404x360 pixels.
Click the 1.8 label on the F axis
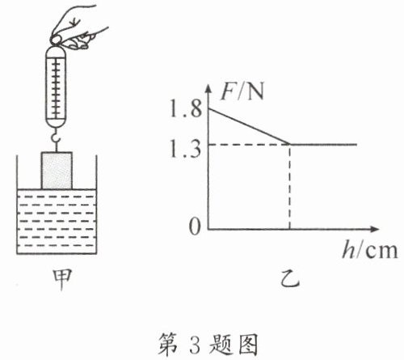point(186,108)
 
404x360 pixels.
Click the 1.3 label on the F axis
point(185,149)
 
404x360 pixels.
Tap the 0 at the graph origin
point(195,227)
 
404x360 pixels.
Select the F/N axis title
point(242,91)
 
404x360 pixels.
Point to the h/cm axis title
point(369,250)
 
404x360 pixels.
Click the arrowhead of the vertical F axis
point(208,88)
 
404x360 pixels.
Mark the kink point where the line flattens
point(290,144)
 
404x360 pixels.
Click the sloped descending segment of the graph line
point(249,126)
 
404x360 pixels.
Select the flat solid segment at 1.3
point(323,144)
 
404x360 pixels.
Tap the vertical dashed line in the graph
point(290,187)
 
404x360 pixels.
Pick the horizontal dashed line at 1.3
point(249,145)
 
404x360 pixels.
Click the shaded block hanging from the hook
point(57,171)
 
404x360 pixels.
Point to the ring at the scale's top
point(56,40)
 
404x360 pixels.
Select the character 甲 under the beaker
point(62,279)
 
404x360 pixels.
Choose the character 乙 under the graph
point(290,278)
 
